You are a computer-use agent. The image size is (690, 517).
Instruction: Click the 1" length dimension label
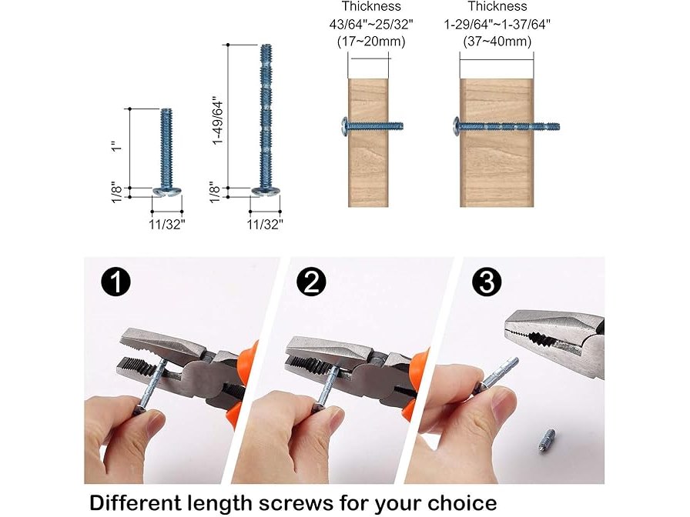[116, 146]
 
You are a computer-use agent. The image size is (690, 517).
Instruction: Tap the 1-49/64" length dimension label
[218, 120]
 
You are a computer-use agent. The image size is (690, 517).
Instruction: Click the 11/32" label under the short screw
[167, 224]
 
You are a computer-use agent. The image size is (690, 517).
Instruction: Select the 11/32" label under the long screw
[265, 224]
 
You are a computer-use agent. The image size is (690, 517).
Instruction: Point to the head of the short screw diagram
[167, 192]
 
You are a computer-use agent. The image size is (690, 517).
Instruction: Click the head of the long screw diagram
[266, 192]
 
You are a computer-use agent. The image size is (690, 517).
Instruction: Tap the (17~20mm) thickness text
[371, 42]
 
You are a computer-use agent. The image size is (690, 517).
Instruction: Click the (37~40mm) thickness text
[497, 42]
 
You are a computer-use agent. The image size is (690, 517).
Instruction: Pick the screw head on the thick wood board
[457, 127]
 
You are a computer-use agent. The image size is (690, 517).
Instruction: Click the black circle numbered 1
[116, 282]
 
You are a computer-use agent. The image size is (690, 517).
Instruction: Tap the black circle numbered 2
[311, 282]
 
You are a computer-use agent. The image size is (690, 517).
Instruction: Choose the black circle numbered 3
[487, 282]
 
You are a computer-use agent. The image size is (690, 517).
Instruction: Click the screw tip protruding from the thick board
[547, 127]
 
